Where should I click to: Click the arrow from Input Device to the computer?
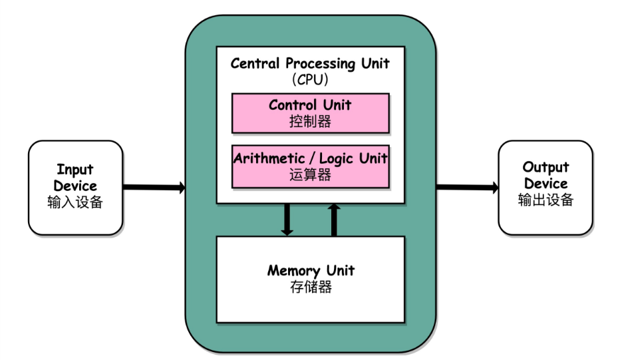(154, 188)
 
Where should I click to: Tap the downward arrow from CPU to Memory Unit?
(287, 219)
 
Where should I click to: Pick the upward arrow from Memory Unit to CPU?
(334, 219)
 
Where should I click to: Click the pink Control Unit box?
(310, 112)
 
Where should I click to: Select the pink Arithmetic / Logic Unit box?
(310, 166)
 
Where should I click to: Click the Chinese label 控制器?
(310, 122)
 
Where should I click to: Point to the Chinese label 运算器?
(310, 176)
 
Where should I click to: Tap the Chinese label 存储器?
(310, 287)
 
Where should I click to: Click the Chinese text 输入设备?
(75, 202)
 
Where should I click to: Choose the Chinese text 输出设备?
(545, 200)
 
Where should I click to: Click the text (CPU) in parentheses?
(310, 80)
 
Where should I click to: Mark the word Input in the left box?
(75, 170)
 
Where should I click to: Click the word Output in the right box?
(545, 167)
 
